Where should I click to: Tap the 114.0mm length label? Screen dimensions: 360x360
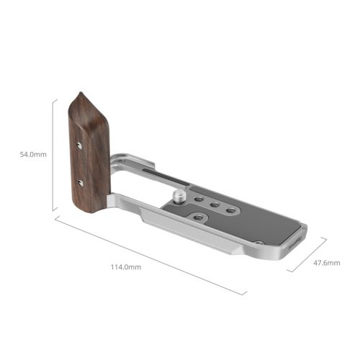tap(125, 267)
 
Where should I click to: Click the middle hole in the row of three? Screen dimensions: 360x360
tap(215, 207)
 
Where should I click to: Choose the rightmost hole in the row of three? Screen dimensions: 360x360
tap(230, 210)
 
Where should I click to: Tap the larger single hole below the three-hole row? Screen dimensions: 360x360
tap(198, 215)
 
